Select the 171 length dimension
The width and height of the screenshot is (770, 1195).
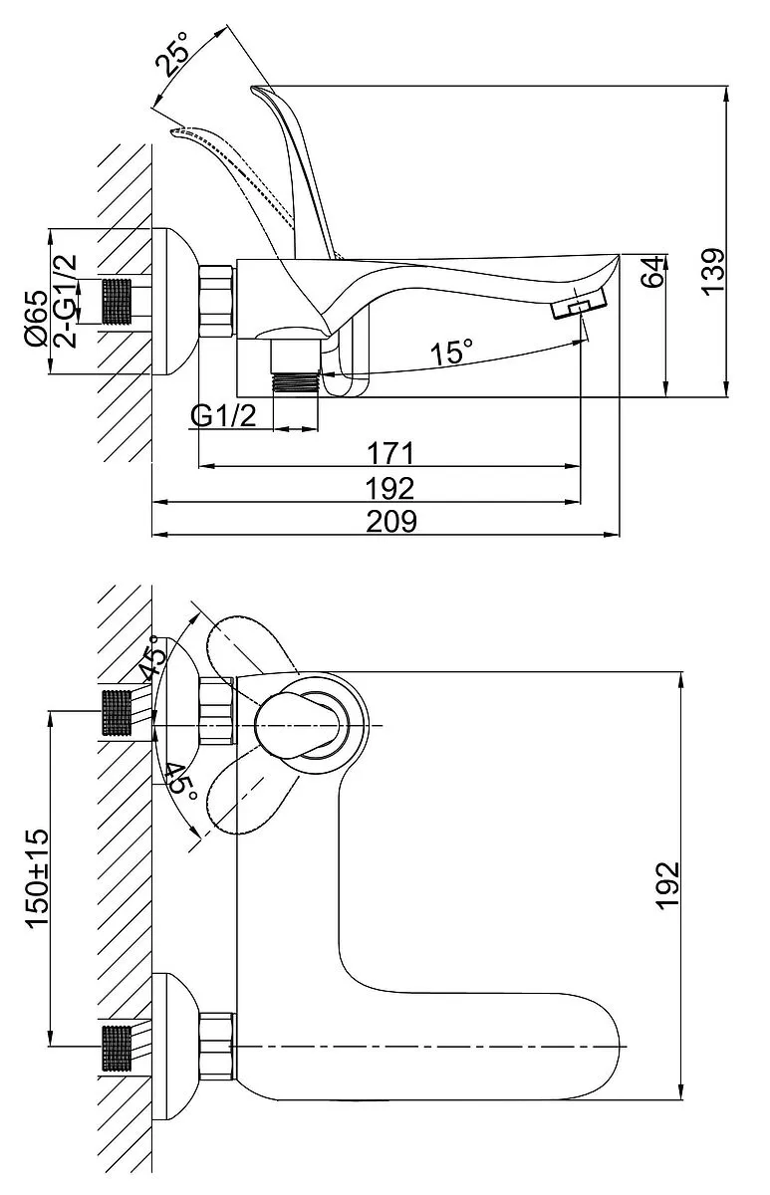coord(389,454)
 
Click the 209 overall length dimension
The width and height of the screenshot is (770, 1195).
coord(389,521)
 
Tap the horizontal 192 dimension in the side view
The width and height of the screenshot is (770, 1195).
coord(389,488)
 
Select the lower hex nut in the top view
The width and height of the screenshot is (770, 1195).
coord(216,1047)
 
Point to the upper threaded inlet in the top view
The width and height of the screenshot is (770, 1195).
coord(118,712)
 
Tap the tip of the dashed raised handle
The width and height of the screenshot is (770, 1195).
coord(175,130)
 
